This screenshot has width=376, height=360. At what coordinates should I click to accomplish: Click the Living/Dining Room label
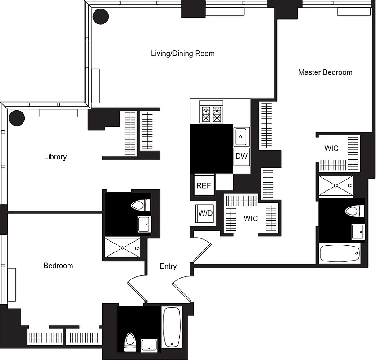pyautogui.click(x=182, y=54)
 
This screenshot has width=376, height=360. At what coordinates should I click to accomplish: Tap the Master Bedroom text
pyautogui.click(x=325, y=72)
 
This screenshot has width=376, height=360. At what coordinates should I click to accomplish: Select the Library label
pyautogui.click(x=55, y=157)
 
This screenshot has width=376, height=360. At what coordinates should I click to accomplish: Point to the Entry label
pyautogui.click(x=168, y=266)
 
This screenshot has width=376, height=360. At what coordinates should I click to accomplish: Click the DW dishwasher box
pyautogui.click(x=242, y=157)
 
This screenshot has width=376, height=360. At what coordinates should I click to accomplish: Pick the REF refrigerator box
pyautogui.click(x=204, y=185)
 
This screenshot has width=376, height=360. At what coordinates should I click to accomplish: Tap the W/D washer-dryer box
pyautogui.click(x=205, y=213)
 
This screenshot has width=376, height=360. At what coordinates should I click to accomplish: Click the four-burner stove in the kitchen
pyautogui.click(x=212, y=114)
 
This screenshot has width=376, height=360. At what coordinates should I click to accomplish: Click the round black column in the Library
pyautogui.click(x=17, y=118)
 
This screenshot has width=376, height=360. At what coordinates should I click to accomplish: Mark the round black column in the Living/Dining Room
pyautogui.click(x=100, y=17)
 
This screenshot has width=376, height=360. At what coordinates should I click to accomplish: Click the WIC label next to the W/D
pyautogui.click(x=251, y=219)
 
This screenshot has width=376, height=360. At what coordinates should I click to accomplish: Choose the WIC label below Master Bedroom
pyautogui.click(x=331, y=148)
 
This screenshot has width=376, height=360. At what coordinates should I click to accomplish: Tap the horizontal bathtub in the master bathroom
pyautogui.click(x=340, y=254)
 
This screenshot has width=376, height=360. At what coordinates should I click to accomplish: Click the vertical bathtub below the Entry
pyautogui.click(x=172, y=327)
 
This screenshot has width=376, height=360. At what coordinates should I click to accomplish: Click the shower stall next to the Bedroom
pyautogui.click(x=123, y=248)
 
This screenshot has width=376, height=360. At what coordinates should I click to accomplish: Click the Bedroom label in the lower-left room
pyautogui.click(x=58, y=266)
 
